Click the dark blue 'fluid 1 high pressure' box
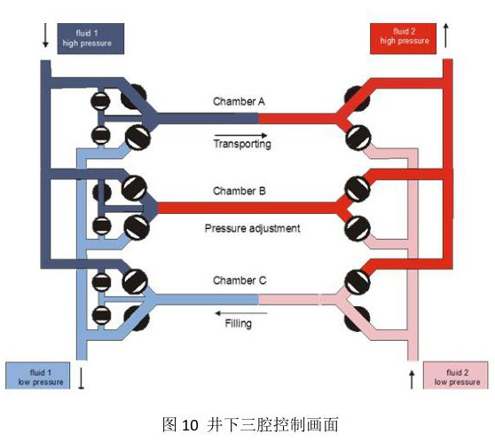[90, 38]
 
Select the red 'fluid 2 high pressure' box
[403, 38]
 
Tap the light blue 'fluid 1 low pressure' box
[38, 375]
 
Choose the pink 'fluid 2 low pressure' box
[456, 375]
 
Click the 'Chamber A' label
[239, 101]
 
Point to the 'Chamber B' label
[240, 191]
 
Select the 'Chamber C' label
[240, 280]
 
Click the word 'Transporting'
[242, 144]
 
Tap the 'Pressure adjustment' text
[252, 228]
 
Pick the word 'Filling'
[239, 324]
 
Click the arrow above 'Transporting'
[240, 135]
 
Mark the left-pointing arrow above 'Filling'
[241, 313]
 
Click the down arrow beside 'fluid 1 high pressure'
[45, 36]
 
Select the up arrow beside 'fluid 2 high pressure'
[445, 36]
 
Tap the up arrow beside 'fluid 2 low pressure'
[412, 380]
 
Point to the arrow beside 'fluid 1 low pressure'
[81, 378]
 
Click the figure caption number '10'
[191, 425]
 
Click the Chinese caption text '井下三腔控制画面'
[272, 424]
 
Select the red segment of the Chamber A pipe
[298, 118]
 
